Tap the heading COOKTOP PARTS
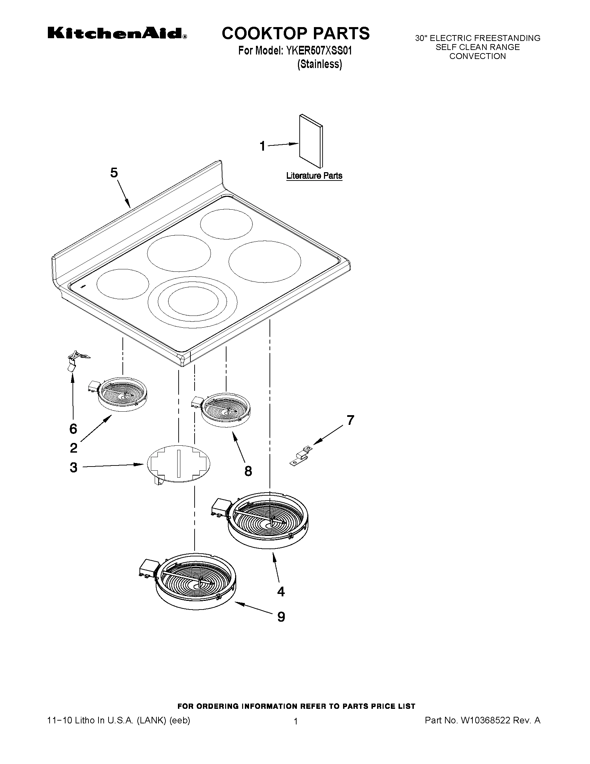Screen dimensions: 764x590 click(x=296, y=34)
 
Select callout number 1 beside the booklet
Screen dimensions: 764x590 click(x=263, y=146)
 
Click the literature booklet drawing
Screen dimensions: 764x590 click(x=311, y=141)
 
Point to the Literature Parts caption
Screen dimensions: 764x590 click(x=314, y=176)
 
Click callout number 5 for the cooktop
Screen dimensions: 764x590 click(x=114, y=173)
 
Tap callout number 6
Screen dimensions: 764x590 click(x=73, y=429)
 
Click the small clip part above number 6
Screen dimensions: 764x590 click(x=75, y=360)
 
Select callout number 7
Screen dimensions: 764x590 click(x=350, y=420)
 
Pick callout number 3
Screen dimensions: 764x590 click(x=74, y=467)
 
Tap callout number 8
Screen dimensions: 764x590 click(x=248, y=471)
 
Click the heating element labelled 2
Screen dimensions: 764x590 click(x=122, y=394)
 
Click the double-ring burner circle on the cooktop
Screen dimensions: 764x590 click(x=193, y=303)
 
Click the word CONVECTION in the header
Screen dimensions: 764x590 click(x=478, y=56)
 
